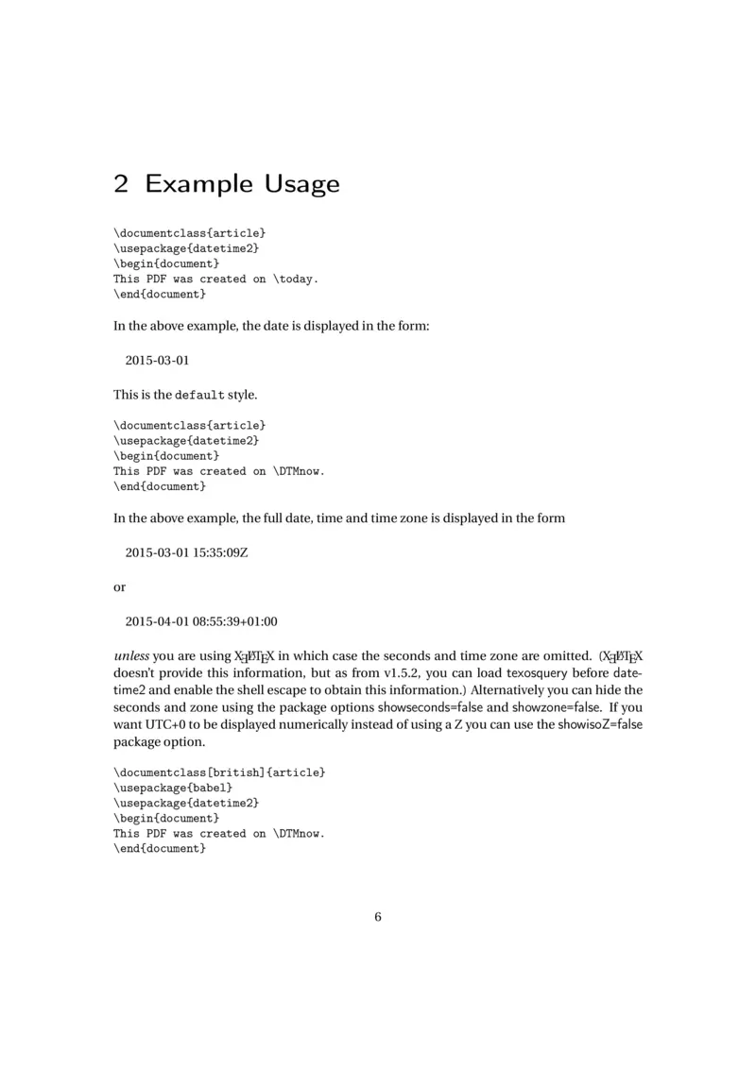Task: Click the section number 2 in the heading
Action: (x=121, y=183)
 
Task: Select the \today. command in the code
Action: (x=297, y=279)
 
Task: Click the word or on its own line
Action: (x=119, y=586)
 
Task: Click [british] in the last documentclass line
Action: (x=235, y=772)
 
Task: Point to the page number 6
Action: (x=378, y=916)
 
